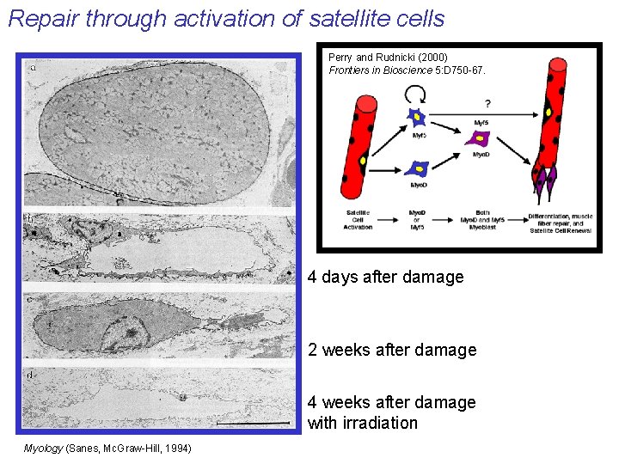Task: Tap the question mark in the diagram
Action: (x=487, y=104)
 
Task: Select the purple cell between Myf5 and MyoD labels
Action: (x=477, y=138)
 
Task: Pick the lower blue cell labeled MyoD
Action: (x=419, y=168)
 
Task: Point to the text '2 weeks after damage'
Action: (x=391, y=350)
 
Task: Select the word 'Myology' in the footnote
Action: (x=43, y=449)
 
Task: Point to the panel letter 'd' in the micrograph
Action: (x=31, y=375)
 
